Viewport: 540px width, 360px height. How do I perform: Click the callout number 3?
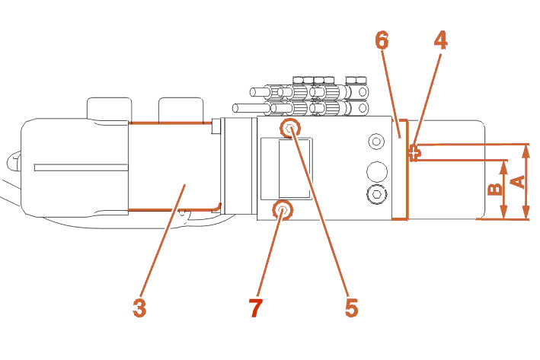[139, 307]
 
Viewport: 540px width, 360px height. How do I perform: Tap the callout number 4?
[440, 40]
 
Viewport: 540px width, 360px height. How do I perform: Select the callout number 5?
[351, 307]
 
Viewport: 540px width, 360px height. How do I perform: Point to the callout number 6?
[383, 40]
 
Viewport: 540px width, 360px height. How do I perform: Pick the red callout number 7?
[255, 307]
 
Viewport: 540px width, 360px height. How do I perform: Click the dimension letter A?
[517, 181]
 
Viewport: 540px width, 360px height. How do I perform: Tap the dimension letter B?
[494, 190]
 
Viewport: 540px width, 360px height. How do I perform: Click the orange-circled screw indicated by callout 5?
[290, 128]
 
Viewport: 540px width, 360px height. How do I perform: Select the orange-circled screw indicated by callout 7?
[283, 209]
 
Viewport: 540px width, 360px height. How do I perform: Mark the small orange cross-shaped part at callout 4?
[414, 151]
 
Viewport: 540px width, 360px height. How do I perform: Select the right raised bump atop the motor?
[179, 108]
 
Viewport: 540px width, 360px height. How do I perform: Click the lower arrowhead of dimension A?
[526, 214]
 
